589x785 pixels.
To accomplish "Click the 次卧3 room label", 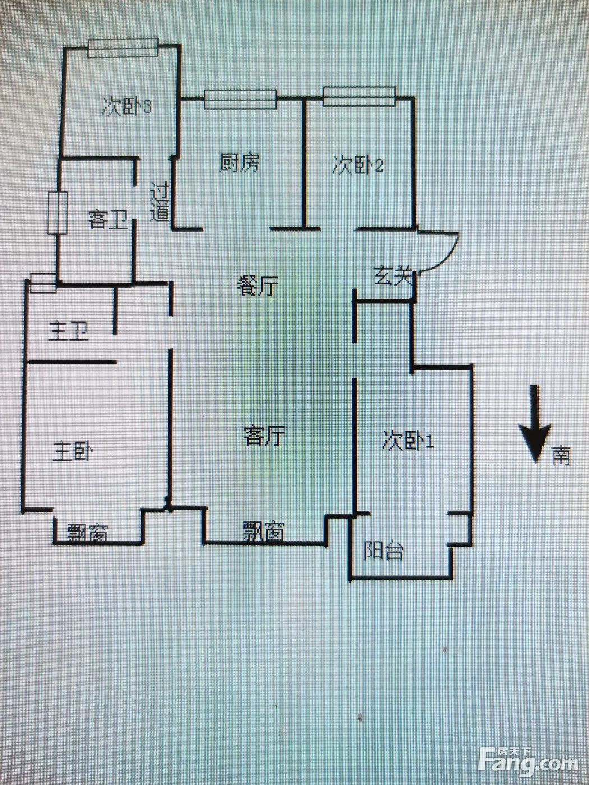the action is pyautogui.click(x=127, y=107).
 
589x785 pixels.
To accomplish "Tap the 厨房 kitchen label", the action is pyautogui.click(x=239, y=163).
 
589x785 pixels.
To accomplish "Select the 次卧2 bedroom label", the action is pyautogui.click(x=358, y=165).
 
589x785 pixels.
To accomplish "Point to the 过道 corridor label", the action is pyautogui.click(x=159, y=202).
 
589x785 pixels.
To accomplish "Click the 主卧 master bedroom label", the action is pyautogui.click(x=72, y=451).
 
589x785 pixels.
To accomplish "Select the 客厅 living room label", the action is pyautogui.click(x=264, y=436).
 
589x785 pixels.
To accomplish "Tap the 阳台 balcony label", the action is pyautogui.click(x=384, y=551).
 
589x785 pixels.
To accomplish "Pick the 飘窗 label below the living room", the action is pyautogui.click(x=264, y=531).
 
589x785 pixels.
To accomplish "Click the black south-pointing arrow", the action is pyautogui.click(x=535, y=424).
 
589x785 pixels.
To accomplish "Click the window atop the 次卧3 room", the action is pyautogui.click(x=123, y=48).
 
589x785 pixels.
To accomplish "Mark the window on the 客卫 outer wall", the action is pyautogui.click(x=58, y=213).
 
